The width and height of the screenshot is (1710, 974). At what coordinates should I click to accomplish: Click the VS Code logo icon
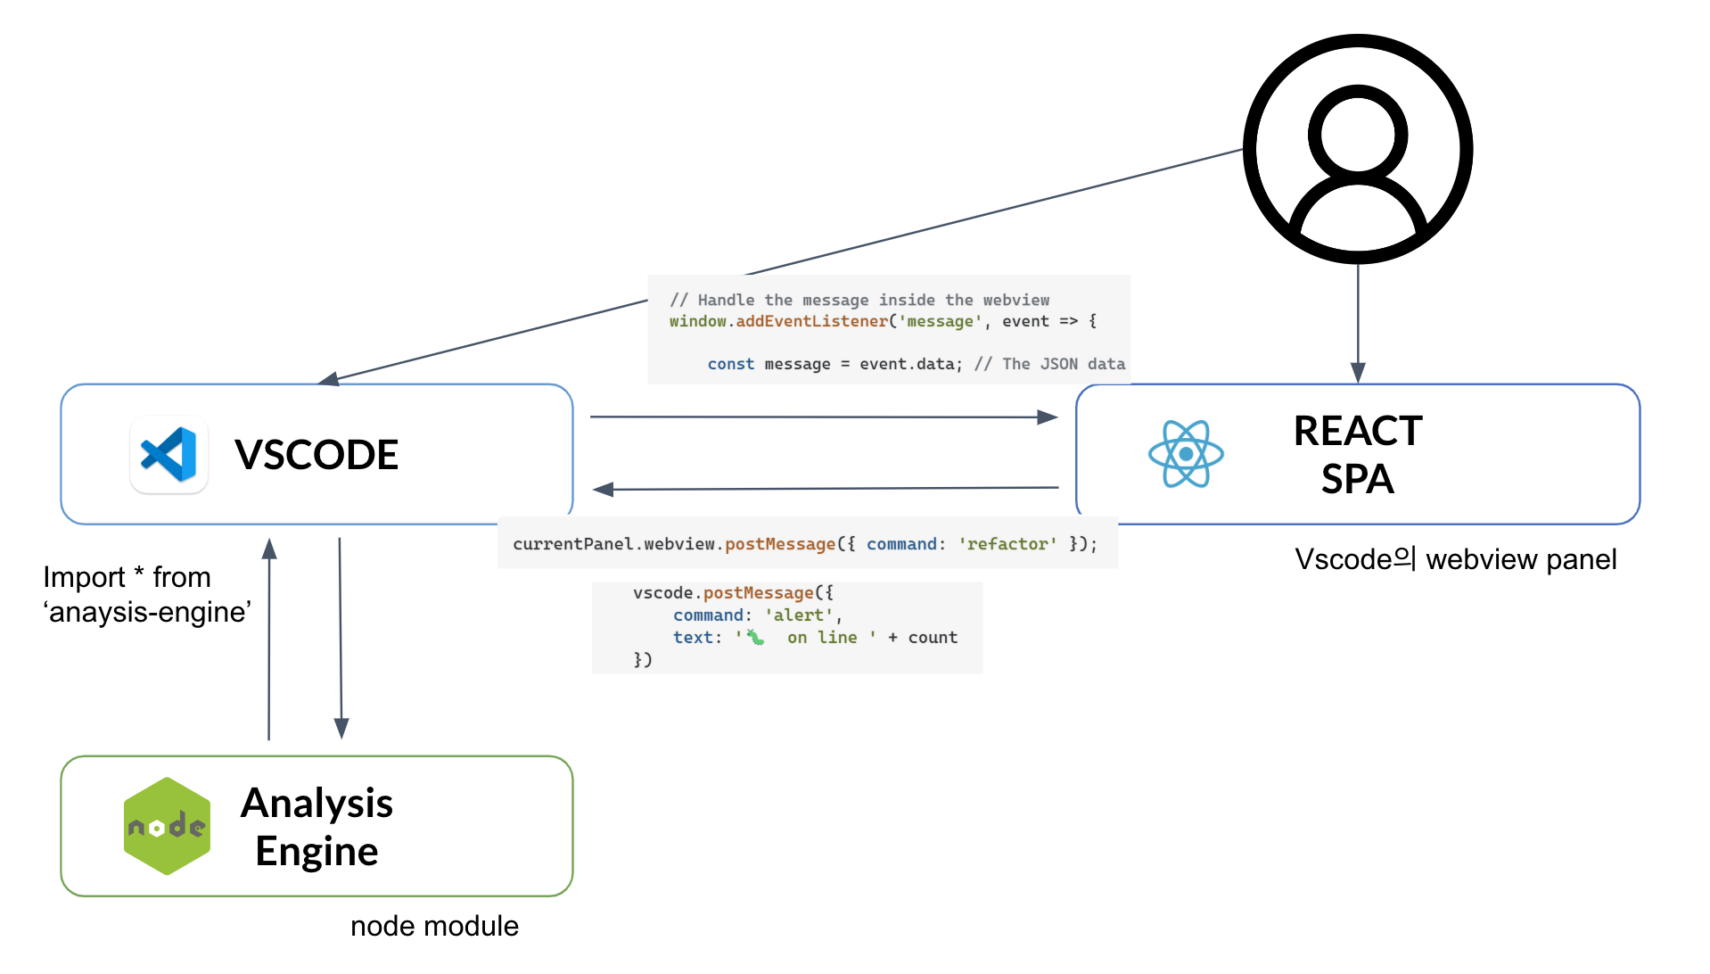169,454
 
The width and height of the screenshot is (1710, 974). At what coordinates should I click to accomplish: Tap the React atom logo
1186,454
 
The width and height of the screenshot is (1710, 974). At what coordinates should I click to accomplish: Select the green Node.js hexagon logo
168,826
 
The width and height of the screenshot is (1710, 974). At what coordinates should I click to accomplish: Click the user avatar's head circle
1358,135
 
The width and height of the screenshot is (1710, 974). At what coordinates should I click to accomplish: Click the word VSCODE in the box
317,455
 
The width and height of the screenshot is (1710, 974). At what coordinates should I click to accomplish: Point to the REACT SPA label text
1358,455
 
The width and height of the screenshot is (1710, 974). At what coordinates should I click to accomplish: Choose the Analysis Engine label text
317,827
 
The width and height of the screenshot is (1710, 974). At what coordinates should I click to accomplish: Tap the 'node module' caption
434,926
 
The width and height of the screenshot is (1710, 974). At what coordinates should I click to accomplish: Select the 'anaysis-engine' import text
148,612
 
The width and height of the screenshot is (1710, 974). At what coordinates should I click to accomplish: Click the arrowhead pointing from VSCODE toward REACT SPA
1048,417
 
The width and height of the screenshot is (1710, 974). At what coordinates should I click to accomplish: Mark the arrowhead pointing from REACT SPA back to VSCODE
604,489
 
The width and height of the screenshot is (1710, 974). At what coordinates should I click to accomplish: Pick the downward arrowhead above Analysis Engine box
341,729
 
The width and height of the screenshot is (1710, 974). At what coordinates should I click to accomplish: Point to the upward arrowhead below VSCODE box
269,549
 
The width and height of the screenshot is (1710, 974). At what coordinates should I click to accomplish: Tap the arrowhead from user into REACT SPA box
1358,373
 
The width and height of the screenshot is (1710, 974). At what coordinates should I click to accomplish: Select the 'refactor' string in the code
1007,544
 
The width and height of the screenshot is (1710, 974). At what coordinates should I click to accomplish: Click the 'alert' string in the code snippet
799,615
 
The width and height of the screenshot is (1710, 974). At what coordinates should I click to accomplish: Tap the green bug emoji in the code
755,637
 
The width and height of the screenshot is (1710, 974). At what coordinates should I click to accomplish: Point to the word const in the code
730,364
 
